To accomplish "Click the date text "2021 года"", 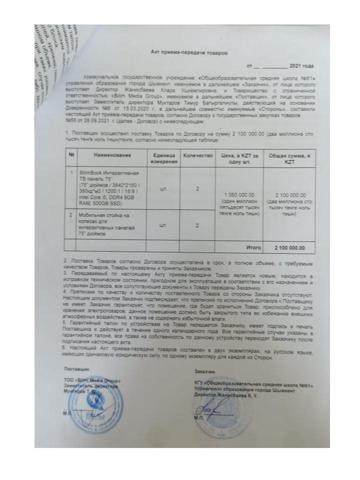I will coord(301,65).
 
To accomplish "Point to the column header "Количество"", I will coord(197,155).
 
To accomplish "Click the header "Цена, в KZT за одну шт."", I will coord(238,158).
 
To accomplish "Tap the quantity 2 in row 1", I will coord(197,189).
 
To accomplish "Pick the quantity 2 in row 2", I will coord(197,225).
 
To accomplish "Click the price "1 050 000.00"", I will coord(240,194).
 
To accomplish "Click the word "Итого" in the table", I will coord(254,247).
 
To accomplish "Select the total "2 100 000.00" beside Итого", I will coord(289,247).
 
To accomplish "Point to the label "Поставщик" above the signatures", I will coord(76,368).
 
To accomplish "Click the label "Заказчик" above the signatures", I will coord(204,372).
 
